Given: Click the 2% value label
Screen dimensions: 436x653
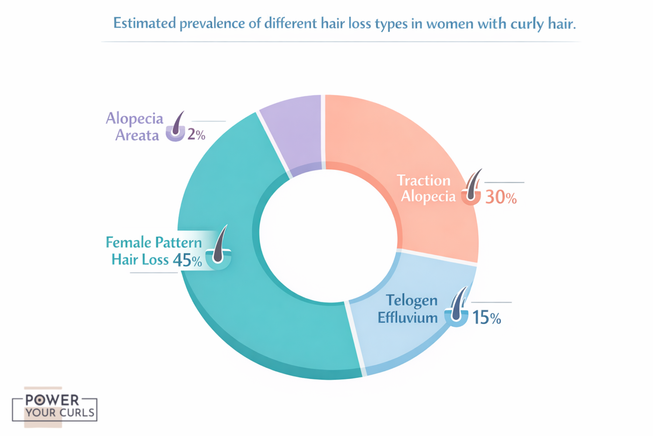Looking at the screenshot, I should coord(196,134).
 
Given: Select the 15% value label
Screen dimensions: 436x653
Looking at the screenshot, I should coord(486,317).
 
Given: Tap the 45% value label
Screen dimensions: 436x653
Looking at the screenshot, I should coord(187,260).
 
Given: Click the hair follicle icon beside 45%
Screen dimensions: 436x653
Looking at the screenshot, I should coord(219,249).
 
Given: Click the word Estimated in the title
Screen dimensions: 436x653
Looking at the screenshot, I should coord(144,23).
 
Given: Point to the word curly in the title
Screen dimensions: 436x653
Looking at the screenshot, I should coord(527,24).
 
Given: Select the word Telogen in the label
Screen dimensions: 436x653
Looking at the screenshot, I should coord(412,300).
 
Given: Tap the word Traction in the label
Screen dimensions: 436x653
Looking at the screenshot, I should coord(423,180).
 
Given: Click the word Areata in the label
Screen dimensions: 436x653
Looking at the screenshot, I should coord(137,135).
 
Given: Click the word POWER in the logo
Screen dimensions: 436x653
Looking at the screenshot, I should coord(52,400).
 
